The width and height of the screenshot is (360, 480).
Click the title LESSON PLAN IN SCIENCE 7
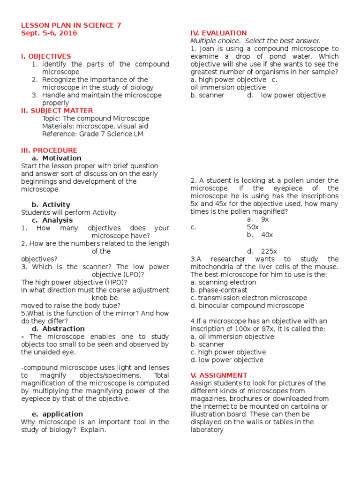coord(71,25)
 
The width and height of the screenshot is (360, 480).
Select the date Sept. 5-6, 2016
coord(49,33)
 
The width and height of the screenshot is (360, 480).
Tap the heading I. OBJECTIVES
coord(46,56)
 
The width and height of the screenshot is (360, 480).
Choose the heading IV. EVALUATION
coord(218,33)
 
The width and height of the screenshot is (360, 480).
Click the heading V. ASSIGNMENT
coord(218,375)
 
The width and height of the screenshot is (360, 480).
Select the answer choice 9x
coord(265,219)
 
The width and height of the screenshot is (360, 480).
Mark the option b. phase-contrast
coord(219,290)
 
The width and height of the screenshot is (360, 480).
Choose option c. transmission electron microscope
coord(249,298)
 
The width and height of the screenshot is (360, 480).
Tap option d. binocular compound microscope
coord(247,306)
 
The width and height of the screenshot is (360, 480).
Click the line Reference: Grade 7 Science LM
coord(93,134)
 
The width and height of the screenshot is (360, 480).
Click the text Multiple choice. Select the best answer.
coord(255,41)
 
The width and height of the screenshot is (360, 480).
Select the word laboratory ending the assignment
coord(207,429)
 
